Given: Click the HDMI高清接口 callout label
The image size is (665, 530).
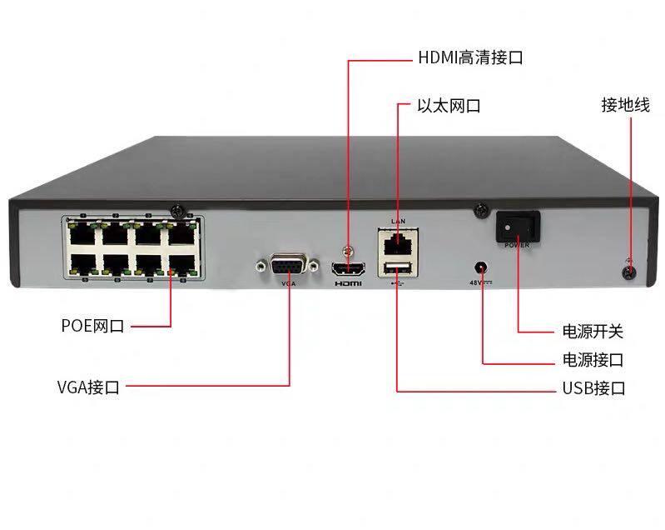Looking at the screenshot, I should [x=470, y=59].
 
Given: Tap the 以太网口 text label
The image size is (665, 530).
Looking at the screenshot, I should [x=449, y=107].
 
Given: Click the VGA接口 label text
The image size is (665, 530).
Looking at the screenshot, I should [x=88, y=387].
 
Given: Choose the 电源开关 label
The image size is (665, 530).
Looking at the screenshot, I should [x=593, y=332].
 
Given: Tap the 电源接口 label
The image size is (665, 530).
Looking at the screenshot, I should [x=593, y=361].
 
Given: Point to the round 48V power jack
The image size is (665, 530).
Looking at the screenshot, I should [x=480, y=268].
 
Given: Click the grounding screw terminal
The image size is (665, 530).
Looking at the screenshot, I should [x=629, y=272].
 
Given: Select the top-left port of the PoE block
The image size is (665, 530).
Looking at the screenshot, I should [x=82, y=233].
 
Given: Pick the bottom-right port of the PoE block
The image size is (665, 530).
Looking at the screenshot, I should [x=180, y=263].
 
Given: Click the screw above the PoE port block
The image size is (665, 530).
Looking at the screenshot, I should [x=177, y=210].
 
